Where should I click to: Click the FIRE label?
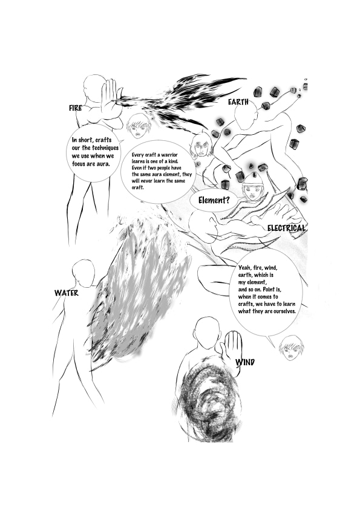coord(75,108)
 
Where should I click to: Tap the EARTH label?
coord(238,102)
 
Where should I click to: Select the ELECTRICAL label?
coord(287,228)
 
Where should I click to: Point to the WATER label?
coord(67,293)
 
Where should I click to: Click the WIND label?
coord(245,362)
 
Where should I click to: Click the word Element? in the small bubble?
coord(214,200)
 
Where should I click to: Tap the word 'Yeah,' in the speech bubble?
coord(244,268)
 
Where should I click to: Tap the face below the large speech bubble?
coord(291,348)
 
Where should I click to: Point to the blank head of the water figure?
coord(83,273)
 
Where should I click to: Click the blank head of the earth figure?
coord(246,117)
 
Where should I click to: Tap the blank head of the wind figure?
coord(207,333)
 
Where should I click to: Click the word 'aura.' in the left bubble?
coord(103,164)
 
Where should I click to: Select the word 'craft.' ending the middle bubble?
coord(138,187)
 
